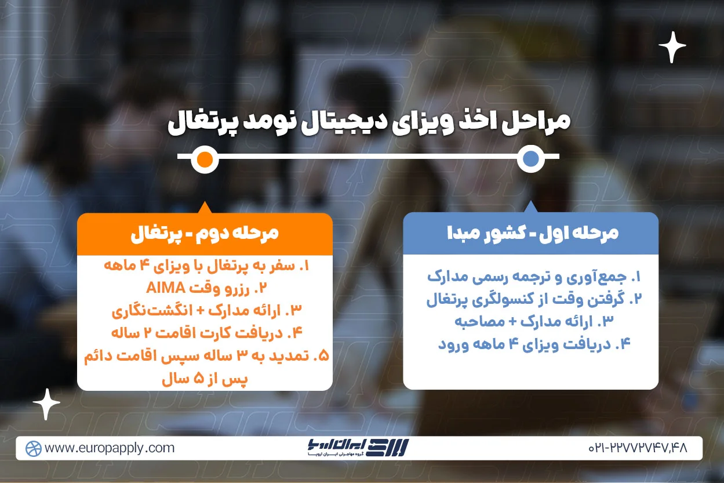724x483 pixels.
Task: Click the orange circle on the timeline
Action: tap(204, 159)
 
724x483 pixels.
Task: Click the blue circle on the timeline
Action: tap(530, 159)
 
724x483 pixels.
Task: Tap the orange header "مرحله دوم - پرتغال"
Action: tap(205, 233)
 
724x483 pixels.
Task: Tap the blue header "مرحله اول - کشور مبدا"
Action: tap(531, 233)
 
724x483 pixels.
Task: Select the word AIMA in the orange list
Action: tap(166, 288)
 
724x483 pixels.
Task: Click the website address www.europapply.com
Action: tap(110, 448)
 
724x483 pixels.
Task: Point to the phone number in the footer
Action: tap(637, 448)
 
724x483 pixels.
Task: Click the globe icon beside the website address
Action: tap(34, 448)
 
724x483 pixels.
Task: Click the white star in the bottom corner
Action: tap(46, 404)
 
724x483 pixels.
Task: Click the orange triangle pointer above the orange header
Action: tap(204, 208)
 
